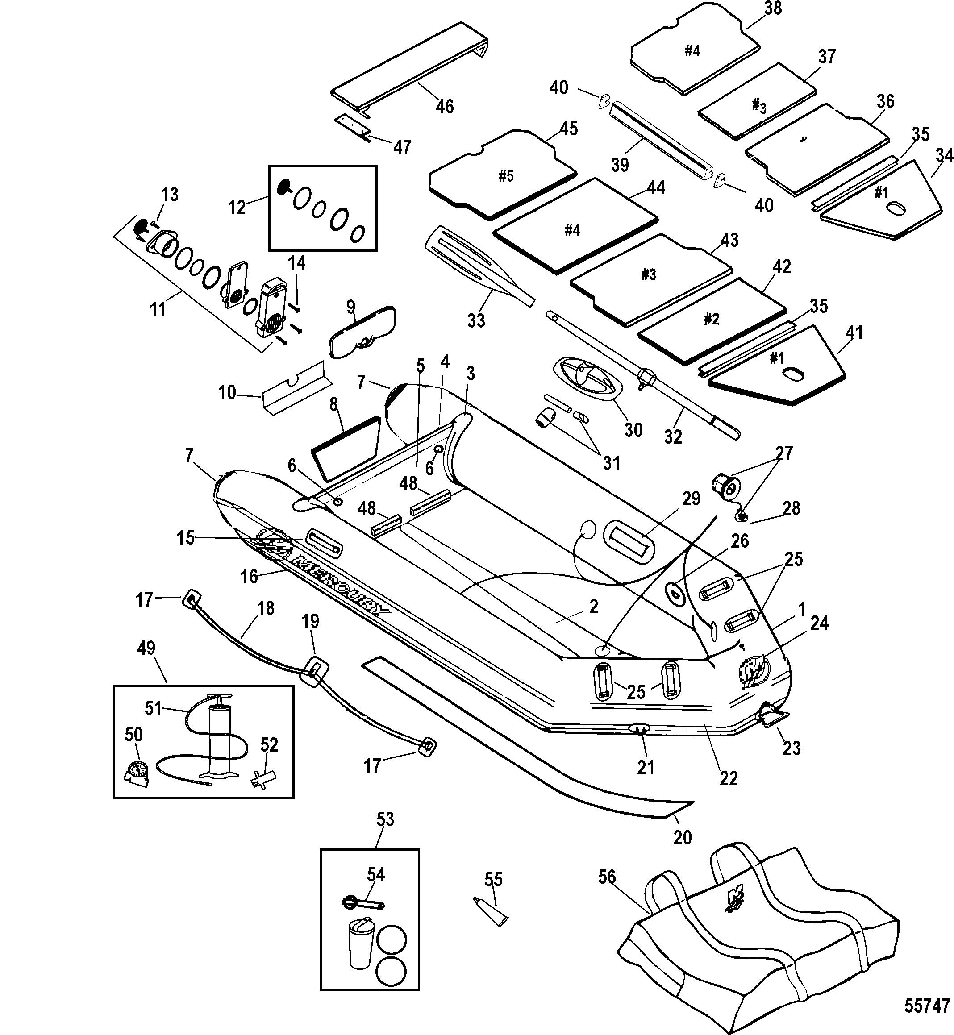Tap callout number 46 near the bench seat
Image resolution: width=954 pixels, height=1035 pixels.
pos(445,107)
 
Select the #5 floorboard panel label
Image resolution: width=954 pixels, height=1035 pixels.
pos(506,177)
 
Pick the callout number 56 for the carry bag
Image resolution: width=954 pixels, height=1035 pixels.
pos(607,877)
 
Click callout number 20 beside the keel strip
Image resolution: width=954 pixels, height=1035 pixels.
pos(682,837)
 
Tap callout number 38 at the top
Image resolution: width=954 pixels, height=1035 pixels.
pos(773,9)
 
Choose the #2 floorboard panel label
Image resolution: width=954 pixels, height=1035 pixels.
pos(711,319)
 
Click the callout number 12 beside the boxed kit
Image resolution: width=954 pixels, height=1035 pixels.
pos(237,208)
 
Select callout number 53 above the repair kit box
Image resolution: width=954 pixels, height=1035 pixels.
pos(385,819)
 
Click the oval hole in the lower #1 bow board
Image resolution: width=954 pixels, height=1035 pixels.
pos(792,373)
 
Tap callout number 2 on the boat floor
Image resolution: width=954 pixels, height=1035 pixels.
pos(594,607)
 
